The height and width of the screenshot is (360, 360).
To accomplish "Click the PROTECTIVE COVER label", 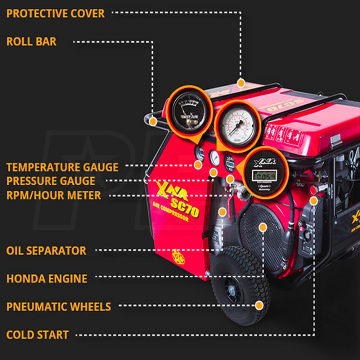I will (x=55, y=14).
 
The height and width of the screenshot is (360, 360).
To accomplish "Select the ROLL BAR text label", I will (x=31, y=41).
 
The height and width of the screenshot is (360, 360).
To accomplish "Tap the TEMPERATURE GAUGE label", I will (x=62, y=167).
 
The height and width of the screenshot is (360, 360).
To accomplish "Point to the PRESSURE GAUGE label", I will (x=51, y=181).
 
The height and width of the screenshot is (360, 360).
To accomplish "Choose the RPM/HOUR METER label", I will (x=54, y=195).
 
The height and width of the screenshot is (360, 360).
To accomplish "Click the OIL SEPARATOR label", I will (x=46, y=251).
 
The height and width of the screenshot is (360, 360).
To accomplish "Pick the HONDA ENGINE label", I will (x=47, y=278).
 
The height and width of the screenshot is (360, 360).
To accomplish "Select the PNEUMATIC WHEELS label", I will (x=59, y=307).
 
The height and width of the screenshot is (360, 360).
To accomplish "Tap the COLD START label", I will (x=37, y=335).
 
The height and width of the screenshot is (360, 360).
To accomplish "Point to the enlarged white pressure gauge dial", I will (x=238, y=126).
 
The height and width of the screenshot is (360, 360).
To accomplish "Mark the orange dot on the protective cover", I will (x=241, y=83).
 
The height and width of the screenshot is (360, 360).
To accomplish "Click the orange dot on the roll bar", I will (x=153, y=121).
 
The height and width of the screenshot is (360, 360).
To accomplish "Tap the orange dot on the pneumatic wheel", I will (x=259, y=305).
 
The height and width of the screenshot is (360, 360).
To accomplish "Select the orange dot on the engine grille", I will (x=263, y=227).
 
